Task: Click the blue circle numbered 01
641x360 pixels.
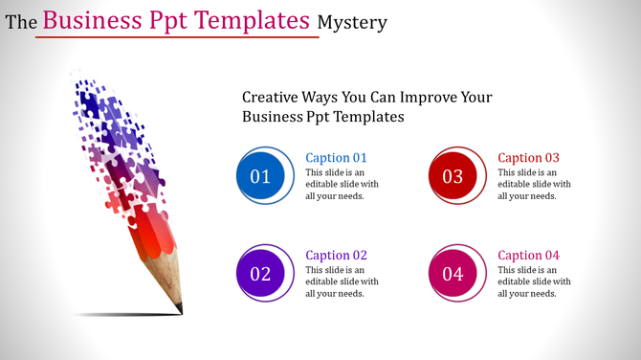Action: point(260,176)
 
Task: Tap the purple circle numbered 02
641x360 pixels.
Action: point(260,274)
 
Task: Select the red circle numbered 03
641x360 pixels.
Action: point(453,176)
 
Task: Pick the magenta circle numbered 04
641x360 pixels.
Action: point(453,274)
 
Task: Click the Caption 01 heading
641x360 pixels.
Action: point(336,158)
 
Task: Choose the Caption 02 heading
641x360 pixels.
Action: point(336,256)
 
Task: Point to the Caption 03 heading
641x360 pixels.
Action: point(529,158)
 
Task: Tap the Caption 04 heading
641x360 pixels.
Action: point(529,256)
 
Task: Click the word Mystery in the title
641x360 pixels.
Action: point(355,22)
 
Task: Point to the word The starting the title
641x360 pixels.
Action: point(21,22)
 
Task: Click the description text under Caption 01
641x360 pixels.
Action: point(342,184)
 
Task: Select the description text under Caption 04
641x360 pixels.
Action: point(534,281)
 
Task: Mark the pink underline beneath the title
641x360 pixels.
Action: point(177,38)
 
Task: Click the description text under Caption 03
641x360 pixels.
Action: point(534,184)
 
